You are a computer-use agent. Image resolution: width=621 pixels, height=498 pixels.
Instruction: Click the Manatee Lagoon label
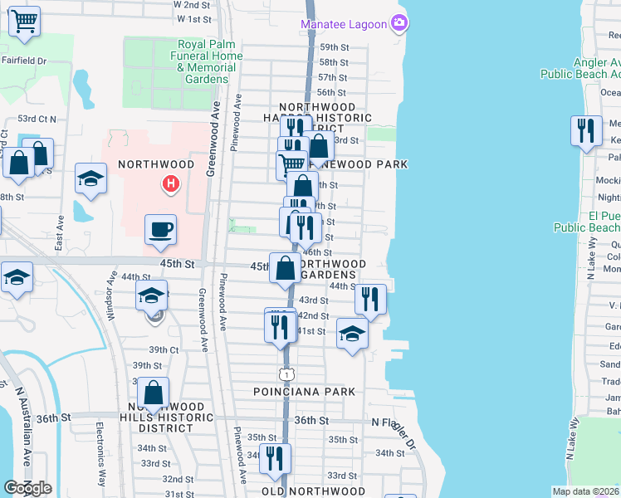(x=344, y=24)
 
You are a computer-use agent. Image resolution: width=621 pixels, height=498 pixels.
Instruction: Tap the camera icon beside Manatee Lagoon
(x=400, y=23)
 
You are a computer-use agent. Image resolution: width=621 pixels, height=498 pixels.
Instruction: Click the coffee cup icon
(x=160, y=229)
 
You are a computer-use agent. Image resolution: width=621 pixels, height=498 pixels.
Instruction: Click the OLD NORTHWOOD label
(x=314, y=491)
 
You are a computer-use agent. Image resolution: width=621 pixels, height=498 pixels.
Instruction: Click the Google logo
(x=27, y=488)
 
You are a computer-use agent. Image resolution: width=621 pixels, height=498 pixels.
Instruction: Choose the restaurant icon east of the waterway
(x=586, y=131)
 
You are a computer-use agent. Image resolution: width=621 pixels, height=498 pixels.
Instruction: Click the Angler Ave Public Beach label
(x=580, y=68)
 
